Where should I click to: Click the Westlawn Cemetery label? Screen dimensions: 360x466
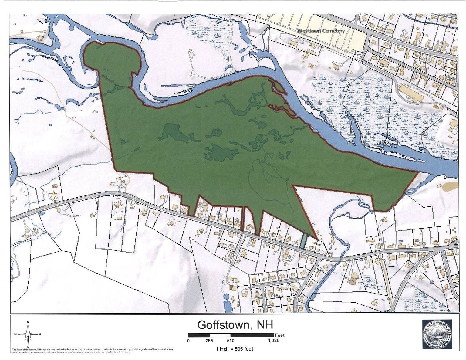click(x=321, y=31)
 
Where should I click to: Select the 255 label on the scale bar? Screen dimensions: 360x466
click(x=209, y=341)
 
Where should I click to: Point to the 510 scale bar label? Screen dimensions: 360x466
click(x=231, y=341)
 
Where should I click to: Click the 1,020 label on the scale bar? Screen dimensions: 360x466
click(x=274, y=341)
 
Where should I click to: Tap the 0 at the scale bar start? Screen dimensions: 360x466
click(x=188, y=341)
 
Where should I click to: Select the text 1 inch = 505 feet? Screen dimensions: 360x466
click(x=234, y=349)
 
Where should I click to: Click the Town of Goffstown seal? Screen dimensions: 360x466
click(x=437, y=334)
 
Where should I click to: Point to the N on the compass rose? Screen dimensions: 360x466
click(x=28, y=322)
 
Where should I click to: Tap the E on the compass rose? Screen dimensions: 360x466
click(x=40, y=335)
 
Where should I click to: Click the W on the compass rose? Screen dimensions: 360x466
click(x=15, y=335)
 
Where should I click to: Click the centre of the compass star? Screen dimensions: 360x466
click(x=28, y=335)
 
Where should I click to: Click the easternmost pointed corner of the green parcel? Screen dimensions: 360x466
click(x=418, y=172)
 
